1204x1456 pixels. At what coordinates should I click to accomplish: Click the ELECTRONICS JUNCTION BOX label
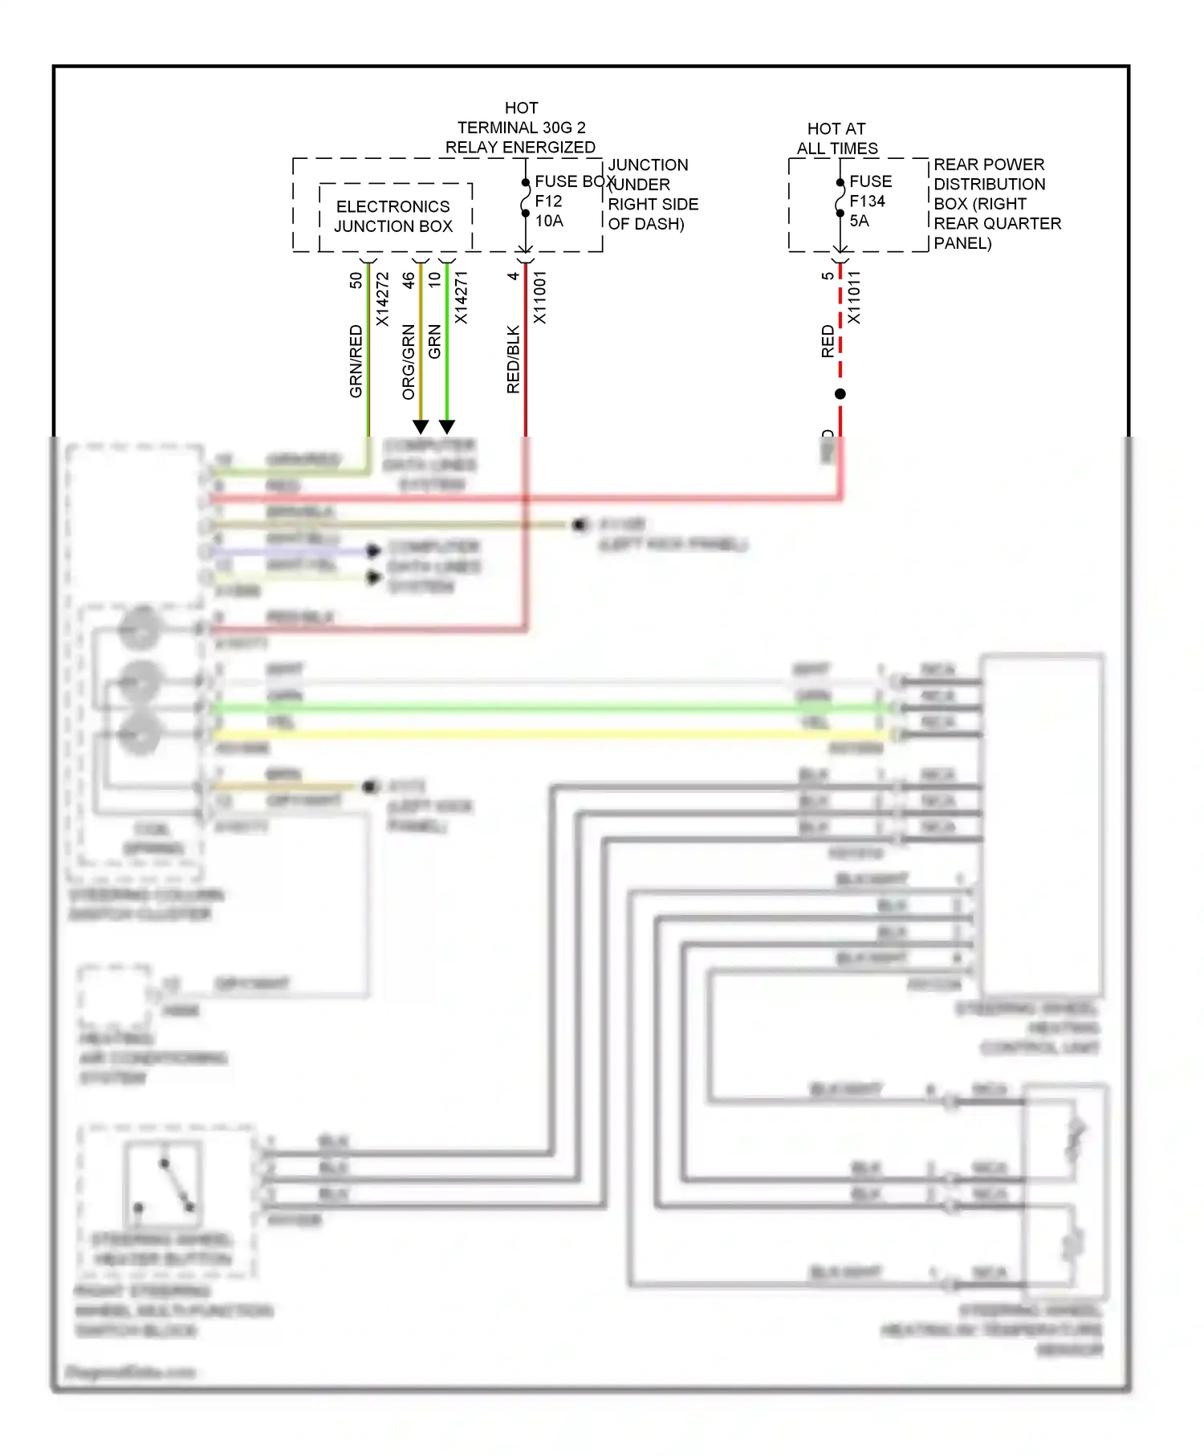click(x=393, y=217)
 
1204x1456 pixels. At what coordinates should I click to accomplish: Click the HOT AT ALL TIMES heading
click(x=836, y=139)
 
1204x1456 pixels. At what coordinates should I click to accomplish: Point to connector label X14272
click(x=383, y=299)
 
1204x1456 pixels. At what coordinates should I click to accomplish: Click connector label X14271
click(x=461, y=297)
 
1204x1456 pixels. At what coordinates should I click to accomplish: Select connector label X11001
click(x=539, y=297)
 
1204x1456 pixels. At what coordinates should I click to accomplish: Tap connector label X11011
click(x=854, y=297)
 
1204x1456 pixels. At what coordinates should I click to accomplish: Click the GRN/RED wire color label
click(x=356, y=361)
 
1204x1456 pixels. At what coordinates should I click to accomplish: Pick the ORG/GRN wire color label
click(x=409, y=362)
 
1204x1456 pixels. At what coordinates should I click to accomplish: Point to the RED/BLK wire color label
click(x=513, y=360)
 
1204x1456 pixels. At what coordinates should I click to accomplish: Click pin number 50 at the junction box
click(x=356, y=280)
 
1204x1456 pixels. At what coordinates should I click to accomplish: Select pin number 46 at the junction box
click(x=409, y=280)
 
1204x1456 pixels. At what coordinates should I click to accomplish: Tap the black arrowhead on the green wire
click(x=447, y=426)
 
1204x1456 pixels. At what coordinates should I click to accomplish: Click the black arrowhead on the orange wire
click(x=421, y=426)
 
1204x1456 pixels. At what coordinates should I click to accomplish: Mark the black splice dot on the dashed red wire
click(x=840, y=394)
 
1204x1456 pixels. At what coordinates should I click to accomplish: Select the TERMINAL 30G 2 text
click(x=521, y=128)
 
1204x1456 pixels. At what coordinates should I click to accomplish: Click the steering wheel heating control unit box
click(x=1042, y=827)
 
